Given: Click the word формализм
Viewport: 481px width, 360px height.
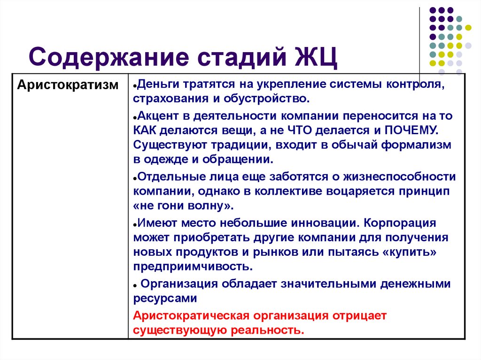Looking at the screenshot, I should click(x=416, y=145).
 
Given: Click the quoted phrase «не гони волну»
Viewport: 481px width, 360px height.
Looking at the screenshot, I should click(x=182, y=207).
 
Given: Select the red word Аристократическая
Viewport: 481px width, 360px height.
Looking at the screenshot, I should click(x=192, y=315).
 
